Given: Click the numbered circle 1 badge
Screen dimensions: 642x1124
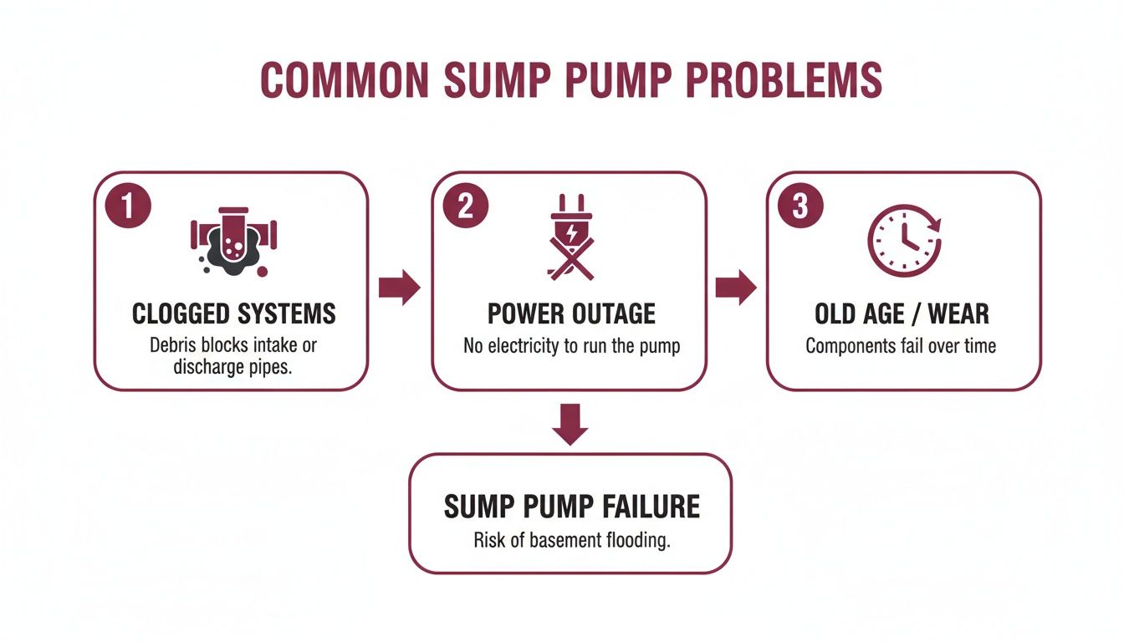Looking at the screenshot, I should click(128, 206).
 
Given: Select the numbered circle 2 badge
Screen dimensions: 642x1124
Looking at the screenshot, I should click(466, 206).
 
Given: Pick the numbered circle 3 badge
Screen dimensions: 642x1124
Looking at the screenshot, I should click(800, 206).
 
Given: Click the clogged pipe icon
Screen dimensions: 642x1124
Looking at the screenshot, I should click(232, 241).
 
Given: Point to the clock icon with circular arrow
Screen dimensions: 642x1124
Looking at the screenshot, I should click(904, 241).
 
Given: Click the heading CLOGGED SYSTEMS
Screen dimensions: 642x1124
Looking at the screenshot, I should click(233, 314).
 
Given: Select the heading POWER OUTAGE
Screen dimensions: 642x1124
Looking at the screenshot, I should click(571, 314).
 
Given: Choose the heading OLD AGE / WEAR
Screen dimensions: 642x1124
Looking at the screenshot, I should click(902, 314).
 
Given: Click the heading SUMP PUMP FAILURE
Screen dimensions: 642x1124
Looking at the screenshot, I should click(571, 507).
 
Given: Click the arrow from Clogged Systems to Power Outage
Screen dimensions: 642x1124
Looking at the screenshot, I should click(399, 288).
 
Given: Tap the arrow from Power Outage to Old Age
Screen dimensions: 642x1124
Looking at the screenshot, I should click(736, 288).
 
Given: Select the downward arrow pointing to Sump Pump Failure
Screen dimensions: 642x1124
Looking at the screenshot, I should click(571, 424).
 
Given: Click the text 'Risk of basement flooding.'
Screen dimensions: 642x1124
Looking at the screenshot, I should click(571, 540).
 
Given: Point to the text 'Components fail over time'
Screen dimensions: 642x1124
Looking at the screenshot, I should click(901, 346).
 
